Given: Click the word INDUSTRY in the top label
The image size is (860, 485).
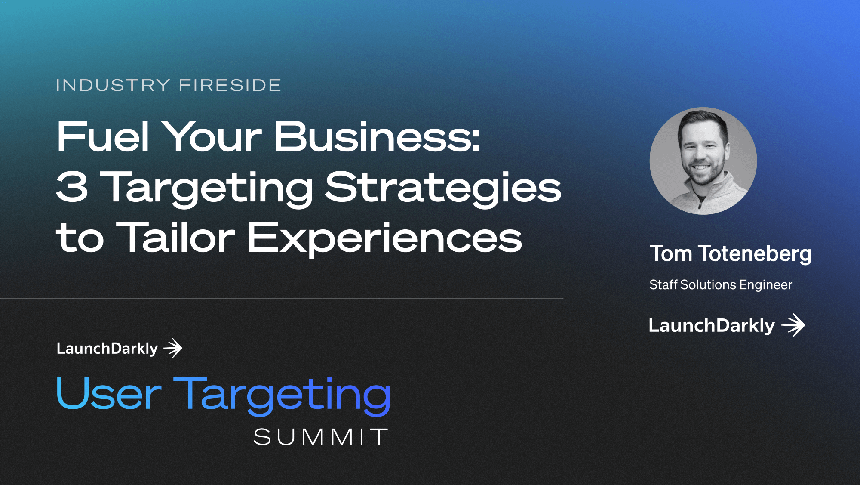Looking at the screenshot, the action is point(113,85).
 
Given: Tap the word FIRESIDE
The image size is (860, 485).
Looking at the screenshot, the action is point(230,85).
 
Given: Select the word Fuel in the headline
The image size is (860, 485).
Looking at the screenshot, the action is point(103,136).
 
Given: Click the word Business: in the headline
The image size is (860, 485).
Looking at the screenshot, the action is point(377,136).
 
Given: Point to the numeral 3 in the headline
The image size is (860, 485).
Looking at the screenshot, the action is point(72,187).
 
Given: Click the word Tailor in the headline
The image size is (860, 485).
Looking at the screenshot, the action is point(175,237).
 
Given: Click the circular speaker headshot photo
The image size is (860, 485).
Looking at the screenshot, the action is point(703,161).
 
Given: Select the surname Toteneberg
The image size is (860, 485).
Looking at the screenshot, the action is point(755,254).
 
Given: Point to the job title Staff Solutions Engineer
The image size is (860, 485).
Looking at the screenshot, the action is point(721,285).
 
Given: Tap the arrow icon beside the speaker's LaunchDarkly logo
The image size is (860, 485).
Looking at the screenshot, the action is point(793,325).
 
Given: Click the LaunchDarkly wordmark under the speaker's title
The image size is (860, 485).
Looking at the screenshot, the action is point(712,326).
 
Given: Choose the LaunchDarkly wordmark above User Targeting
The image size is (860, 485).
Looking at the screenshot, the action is point(107,349).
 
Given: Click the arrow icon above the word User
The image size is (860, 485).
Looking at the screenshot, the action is point(173,348).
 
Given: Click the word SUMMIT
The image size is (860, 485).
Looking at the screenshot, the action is point(321,437).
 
